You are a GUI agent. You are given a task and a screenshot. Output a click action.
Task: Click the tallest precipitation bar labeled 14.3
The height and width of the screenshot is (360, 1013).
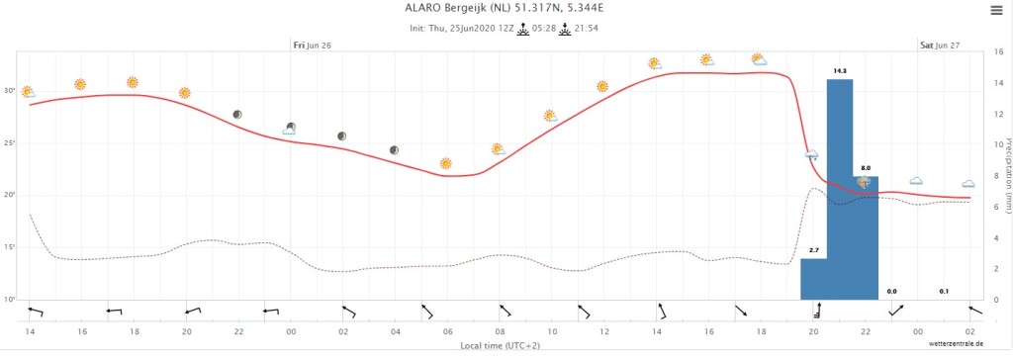840,189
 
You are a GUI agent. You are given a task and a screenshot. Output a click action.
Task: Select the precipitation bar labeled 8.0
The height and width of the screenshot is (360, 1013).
866,237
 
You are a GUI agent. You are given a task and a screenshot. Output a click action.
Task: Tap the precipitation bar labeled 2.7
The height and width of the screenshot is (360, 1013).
814,279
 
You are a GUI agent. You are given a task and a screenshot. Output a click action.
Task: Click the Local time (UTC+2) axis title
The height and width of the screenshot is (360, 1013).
500,345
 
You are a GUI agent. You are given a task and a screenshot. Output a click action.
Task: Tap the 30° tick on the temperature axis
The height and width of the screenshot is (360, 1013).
10,90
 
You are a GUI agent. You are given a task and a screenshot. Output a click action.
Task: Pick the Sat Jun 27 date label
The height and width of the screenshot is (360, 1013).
940,45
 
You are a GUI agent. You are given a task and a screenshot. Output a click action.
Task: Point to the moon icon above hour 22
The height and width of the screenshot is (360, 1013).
237,115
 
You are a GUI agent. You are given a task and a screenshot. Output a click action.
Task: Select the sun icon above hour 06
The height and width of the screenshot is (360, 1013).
446,163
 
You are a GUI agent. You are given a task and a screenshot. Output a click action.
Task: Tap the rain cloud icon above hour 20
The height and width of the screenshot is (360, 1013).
812,155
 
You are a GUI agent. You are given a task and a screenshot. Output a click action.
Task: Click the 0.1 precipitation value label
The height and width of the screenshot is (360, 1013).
944,292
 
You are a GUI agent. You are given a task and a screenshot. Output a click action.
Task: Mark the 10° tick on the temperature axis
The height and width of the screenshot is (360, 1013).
10,300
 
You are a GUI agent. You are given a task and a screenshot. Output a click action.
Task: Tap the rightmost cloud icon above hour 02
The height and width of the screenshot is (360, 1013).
967,184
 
